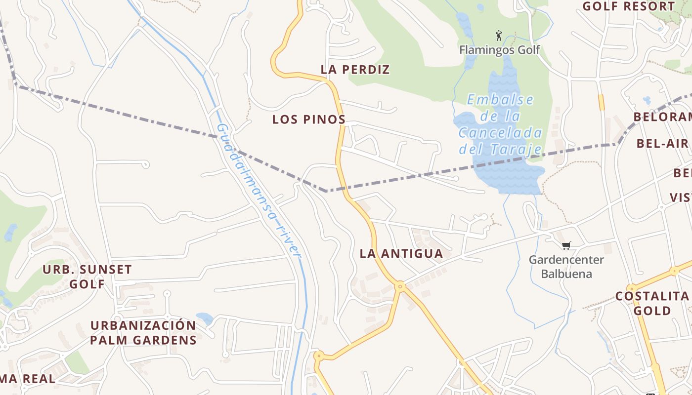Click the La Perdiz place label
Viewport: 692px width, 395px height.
pos(355,70)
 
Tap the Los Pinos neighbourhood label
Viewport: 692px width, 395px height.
pos(308,119)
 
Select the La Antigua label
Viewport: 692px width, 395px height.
pos(401,254)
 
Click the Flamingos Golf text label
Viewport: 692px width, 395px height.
pos(499,50)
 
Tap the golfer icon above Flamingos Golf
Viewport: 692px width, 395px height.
pos(499,36)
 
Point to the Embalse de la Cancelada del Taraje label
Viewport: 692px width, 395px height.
pos(500,124)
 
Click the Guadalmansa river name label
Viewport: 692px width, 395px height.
pos(258,191)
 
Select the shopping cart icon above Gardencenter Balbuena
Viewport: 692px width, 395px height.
pos(566,245)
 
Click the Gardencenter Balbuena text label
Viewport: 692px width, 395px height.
pos(566,267)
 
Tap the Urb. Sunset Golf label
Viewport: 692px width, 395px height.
pos(87,276)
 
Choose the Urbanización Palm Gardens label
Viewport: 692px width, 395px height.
pos(143,333)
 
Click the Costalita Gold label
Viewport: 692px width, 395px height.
pos(652,303)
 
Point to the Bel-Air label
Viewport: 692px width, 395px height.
pos(662,144)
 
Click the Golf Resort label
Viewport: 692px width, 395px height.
pos(628,6)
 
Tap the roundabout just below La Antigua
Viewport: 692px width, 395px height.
pos(400,285)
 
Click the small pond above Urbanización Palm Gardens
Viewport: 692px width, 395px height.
pos(204,318)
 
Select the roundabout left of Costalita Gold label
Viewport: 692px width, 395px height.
pos(632,288)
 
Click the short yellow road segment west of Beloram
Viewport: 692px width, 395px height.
pos(601,102)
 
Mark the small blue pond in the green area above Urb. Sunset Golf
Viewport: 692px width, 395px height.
pos(11,232)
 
